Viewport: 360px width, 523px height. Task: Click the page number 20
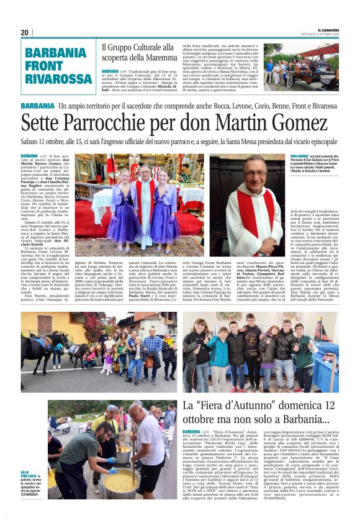pyautogui.click(x=25, y=32)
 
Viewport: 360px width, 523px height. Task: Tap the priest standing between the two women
pyautogui.click(x=145, y=199)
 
